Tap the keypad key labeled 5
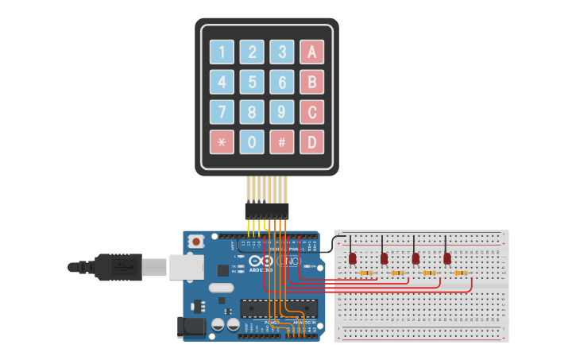pos(252,82)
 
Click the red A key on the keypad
pos(311,52)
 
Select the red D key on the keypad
pos(311,142)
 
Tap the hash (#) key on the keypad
pos(282,142)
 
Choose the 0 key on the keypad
pos(252,142)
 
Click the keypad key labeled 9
pos(282,112)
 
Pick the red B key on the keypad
pos(311,82)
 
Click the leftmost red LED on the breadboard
pos(352,258)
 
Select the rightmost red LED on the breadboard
pos(447,258)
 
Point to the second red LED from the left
pos(384,258)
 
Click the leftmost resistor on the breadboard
pos(366,273)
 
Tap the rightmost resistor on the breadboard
pos(461,273)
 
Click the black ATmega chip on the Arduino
pos(279,308)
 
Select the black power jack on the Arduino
pos(193,325)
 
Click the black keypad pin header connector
pos(267,211)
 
